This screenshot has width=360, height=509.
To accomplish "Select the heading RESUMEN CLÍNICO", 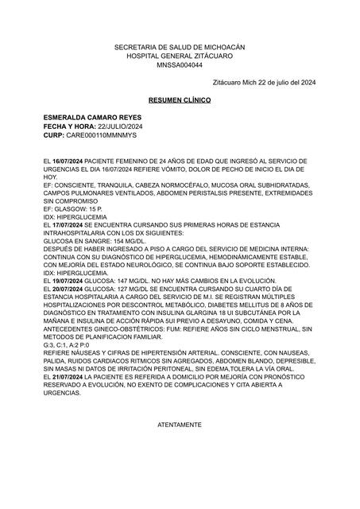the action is (180, 102).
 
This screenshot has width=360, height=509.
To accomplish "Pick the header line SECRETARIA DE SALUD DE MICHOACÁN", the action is (180, 49).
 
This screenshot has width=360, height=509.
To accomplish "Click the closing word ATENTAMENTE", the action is (180, 425).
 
